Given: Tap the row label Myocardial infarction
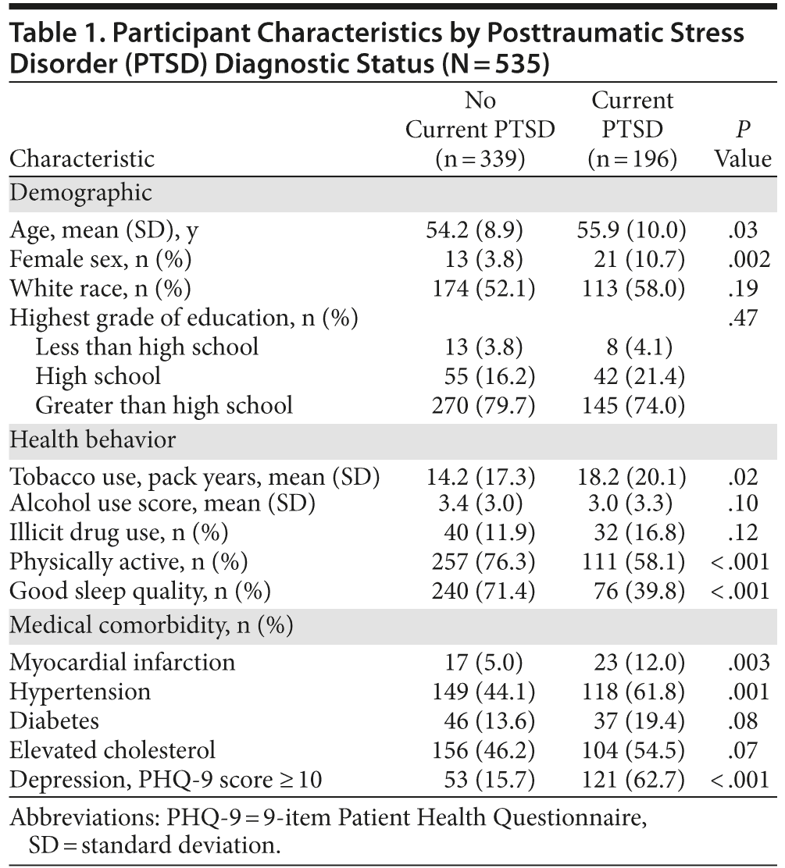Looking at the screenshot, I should [123, 663].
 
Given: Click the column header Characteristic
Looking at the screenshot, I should [82, 159].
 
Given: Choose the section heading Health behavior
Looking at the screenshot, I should [93, 440].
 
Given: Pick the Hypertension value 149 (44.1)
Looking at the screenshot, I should [483, 692].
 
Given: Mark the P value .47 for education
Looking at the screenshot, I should [746, 318].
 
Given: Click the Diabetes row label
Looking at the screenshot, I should [54, 720].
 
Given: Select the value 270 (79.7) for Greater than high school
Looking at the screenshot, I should [483, 405].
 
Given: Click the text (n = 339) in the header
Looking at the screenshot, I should [480, 159].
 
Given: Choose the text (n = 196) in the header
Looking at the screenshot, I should [632, 159].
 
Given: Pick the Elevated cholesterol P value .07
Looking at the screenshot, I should [746, 750].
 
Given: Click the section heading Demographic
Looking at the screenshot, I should [80, 193].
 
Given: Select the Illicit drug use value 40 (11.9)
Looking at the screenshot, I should [483, 532].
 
